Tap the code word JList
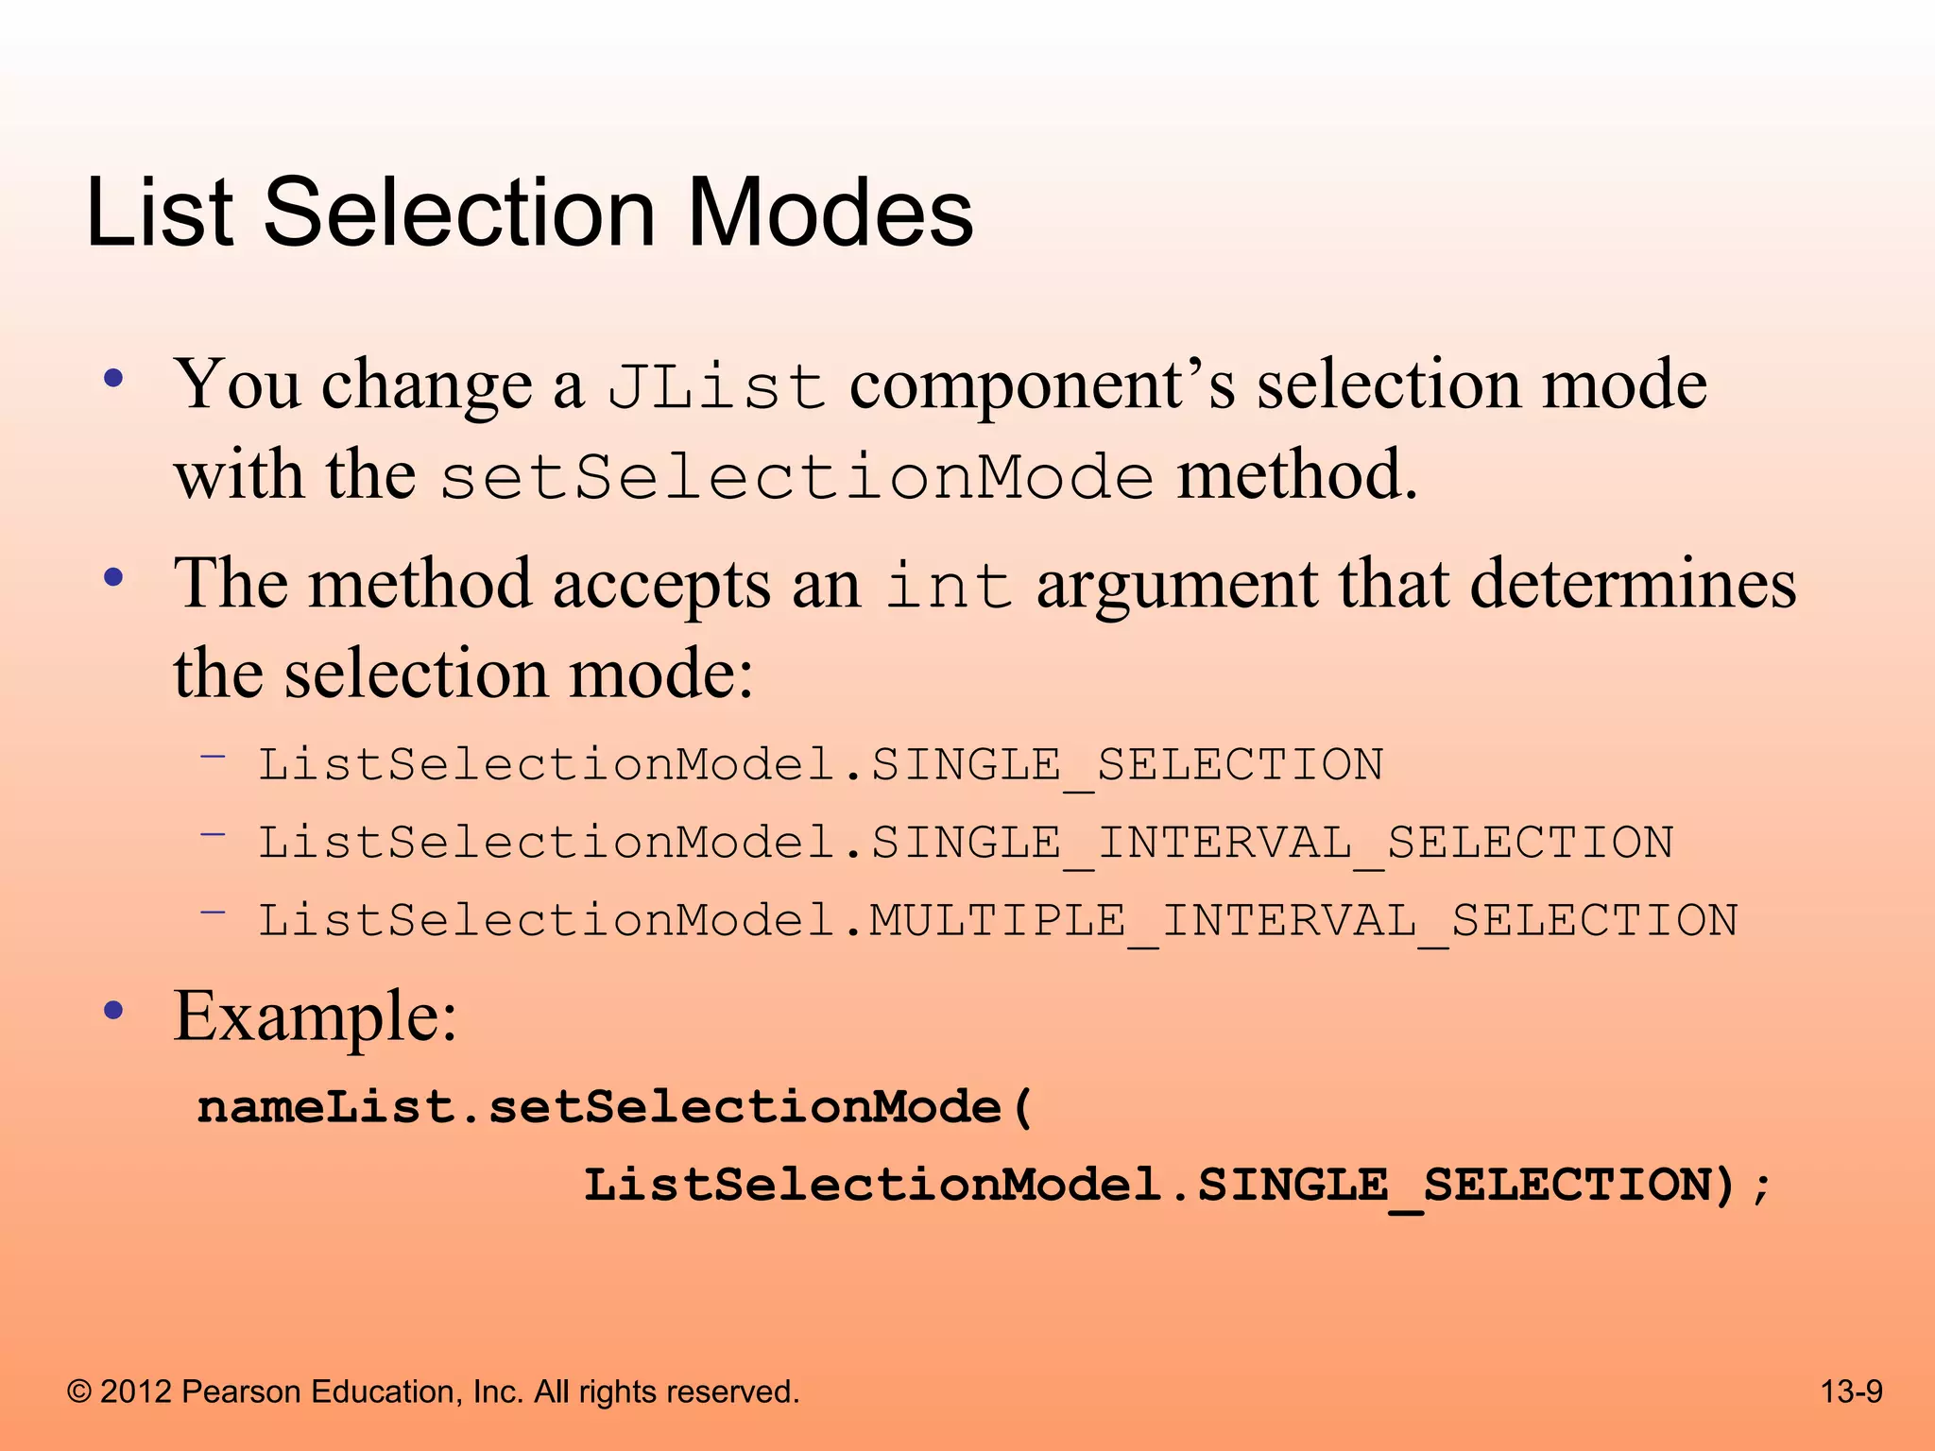pos(716,387)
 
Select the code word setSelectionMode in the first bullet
pos(796,477)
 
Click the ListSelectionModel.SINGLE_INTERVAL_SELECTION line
pos(966,843)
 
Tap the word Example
pos(315,1016)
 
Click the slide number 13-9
pos(1851,1391)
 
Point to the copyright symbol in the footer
pos(79,1391)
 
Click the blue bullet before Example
pos(114,1013)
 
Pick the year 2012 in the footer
pos(136,1391)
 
